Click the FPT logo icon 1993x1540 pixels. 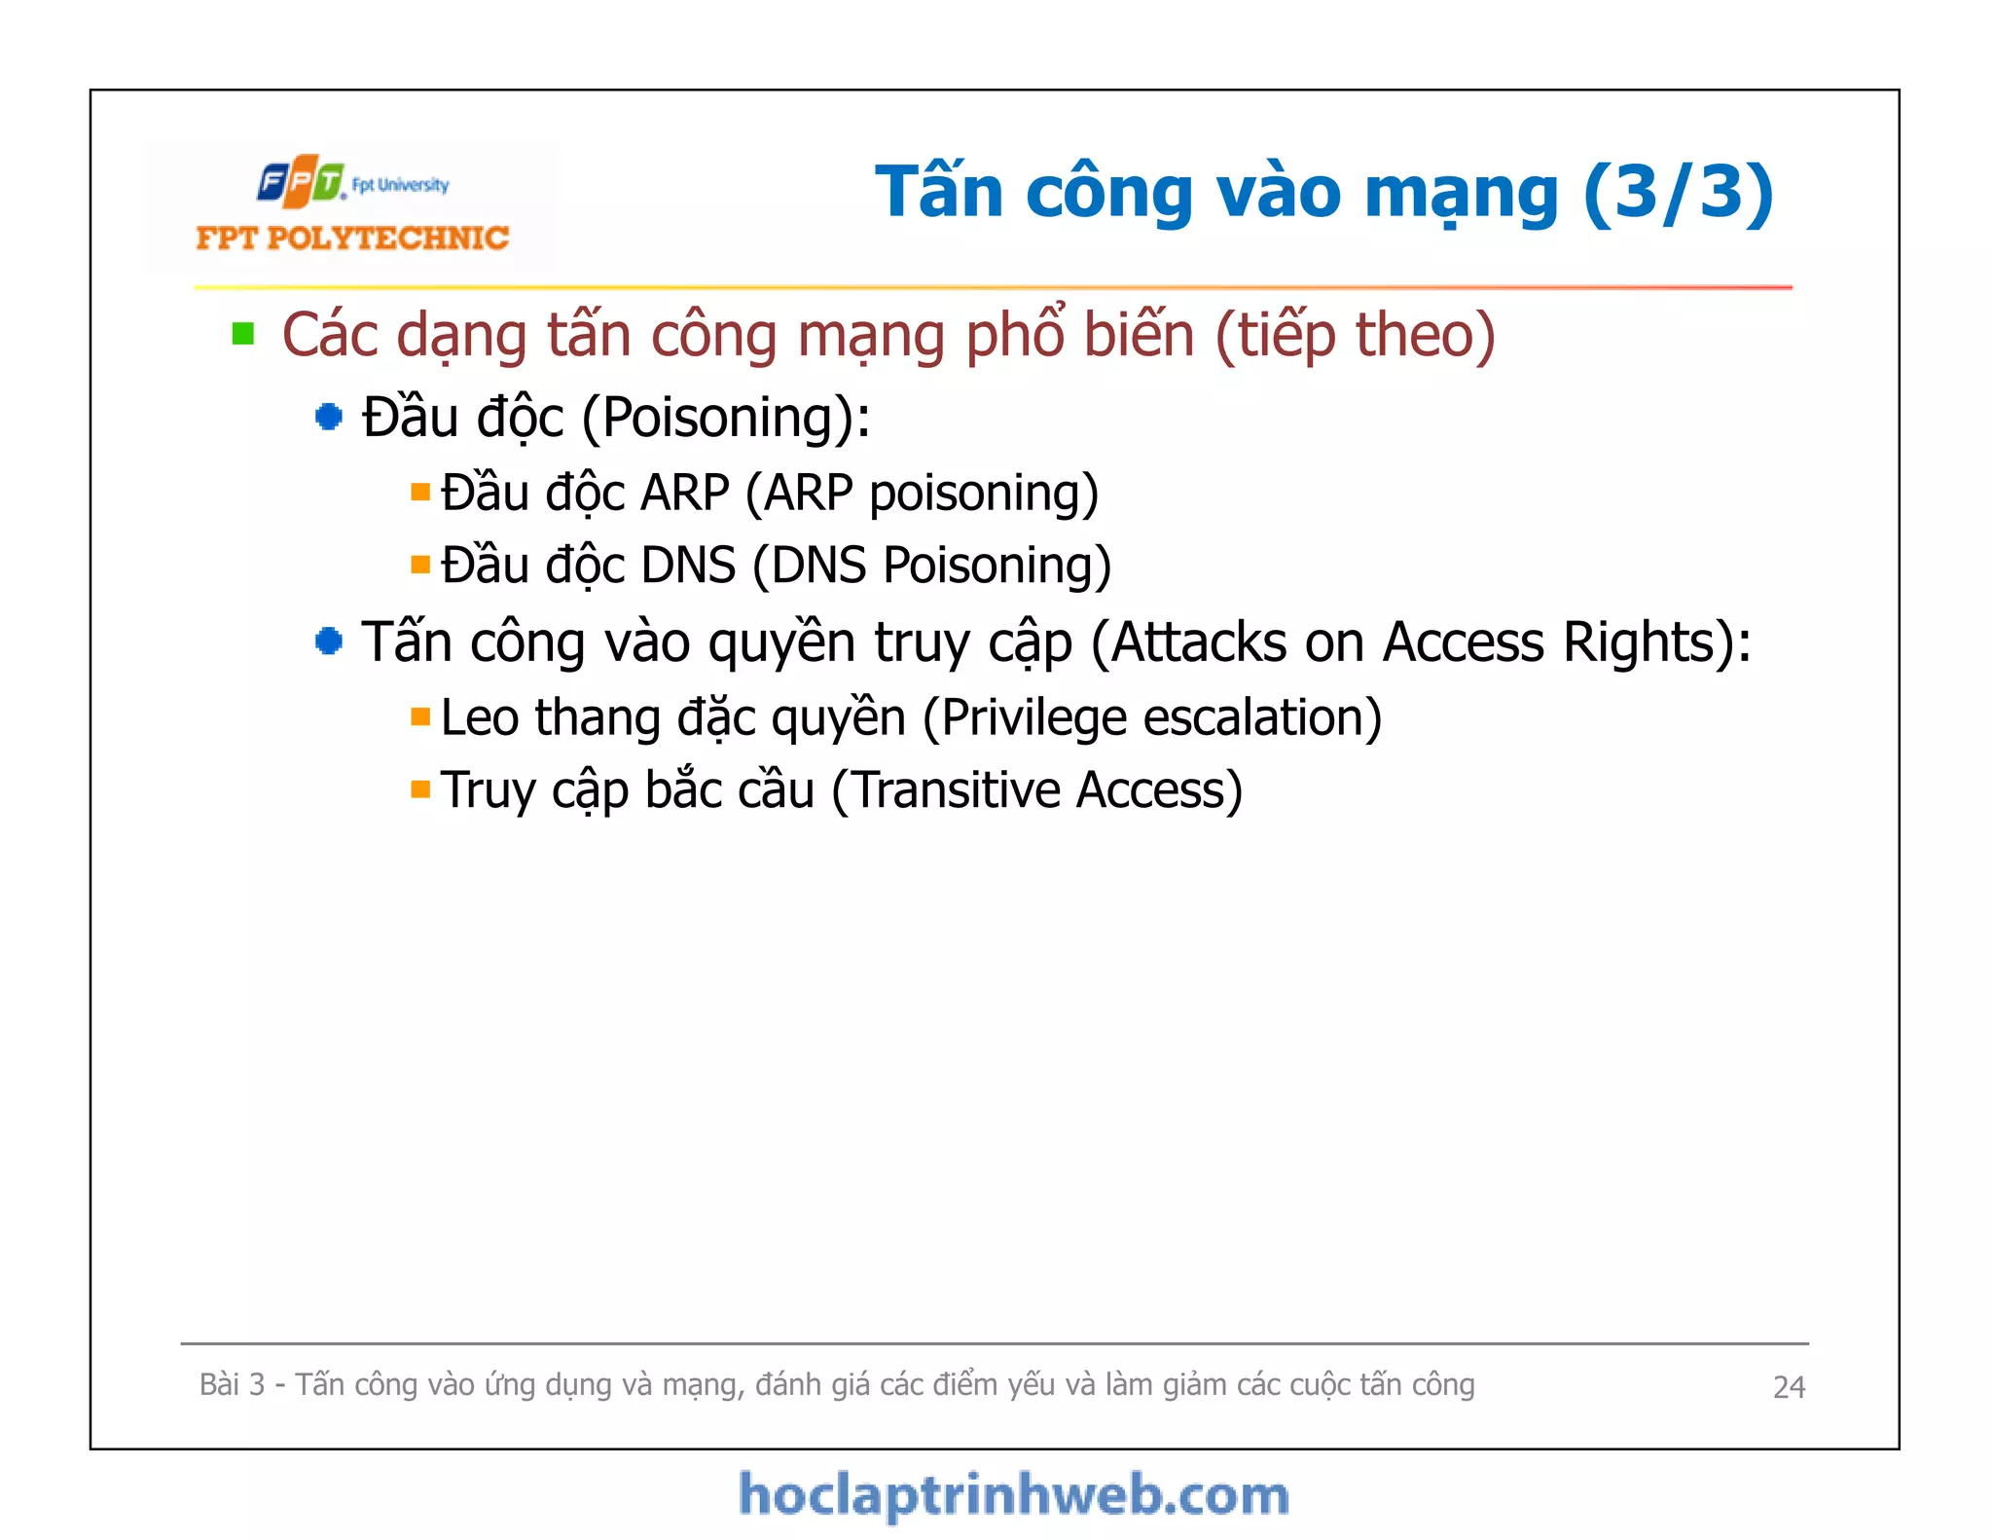pyautogui.click(x=301, y=181)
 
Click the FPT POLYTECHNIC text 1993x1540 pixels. pyautogui.click(x=352, y=238)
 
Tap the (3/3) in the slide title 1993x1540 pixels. pyautogui.click(x=1678, y=192)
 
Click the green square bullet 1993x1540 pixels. pyautogui.click(x=243, y=335)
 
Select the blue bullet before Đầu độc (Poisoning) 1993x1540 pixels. pyautogui.click(x=329, y=418)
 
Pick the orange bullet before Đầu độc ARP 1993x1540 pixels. pyautogui.click(x=420, y=493)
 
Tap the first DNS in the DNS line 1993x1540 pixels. pyautogui.click(x=688, y=566)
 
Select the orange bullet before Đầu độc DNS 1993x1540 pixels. pyautogui.click(x=420, y=566)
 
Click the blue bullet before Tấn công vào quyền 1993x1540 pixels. pyautogui.click(x=329, y=642)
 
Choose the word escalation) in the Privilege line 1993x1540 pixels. pyautogui.click(x=1262, y=718)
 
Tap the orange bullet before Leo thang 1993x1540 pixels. pyautogui.click(x=420, y=718)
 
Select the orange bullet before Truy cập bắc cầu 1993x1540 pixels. pyautogui.click(x=420, y=789)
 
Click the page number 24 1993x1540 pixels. pyautogui.click(x=1789, y=1387)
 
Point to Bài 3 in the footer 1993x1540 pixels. pyautogui.click(x=232, y=1384)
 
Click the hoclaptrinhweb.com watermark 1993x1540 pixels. pyautogui.click(x=1013, y=1495)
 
